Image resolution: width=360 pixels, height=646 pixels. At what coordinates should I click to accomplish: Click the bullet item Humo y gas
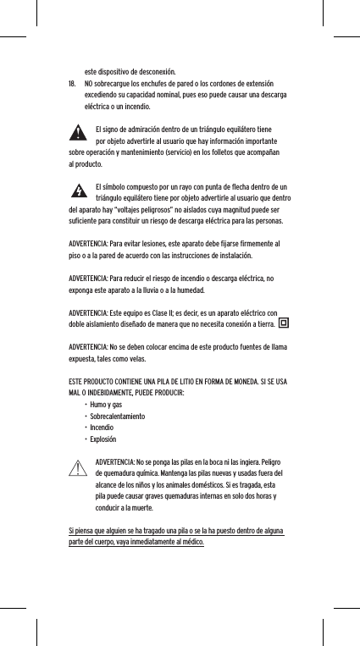tap(106, 406)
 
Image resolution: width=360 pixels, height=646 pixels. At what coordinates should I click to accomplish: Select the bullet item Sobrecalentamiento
tap(117, 417)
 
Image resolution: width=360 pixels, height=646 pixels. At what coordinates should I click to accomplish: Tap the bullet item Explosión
tap(103, 440)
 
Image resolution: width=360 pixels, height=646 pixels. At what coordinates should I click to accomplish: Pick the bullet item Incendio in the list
tap(102, 428)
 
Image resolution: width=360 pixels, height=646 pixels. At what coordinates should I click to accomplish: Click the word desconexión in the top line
tap(153, 72)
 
